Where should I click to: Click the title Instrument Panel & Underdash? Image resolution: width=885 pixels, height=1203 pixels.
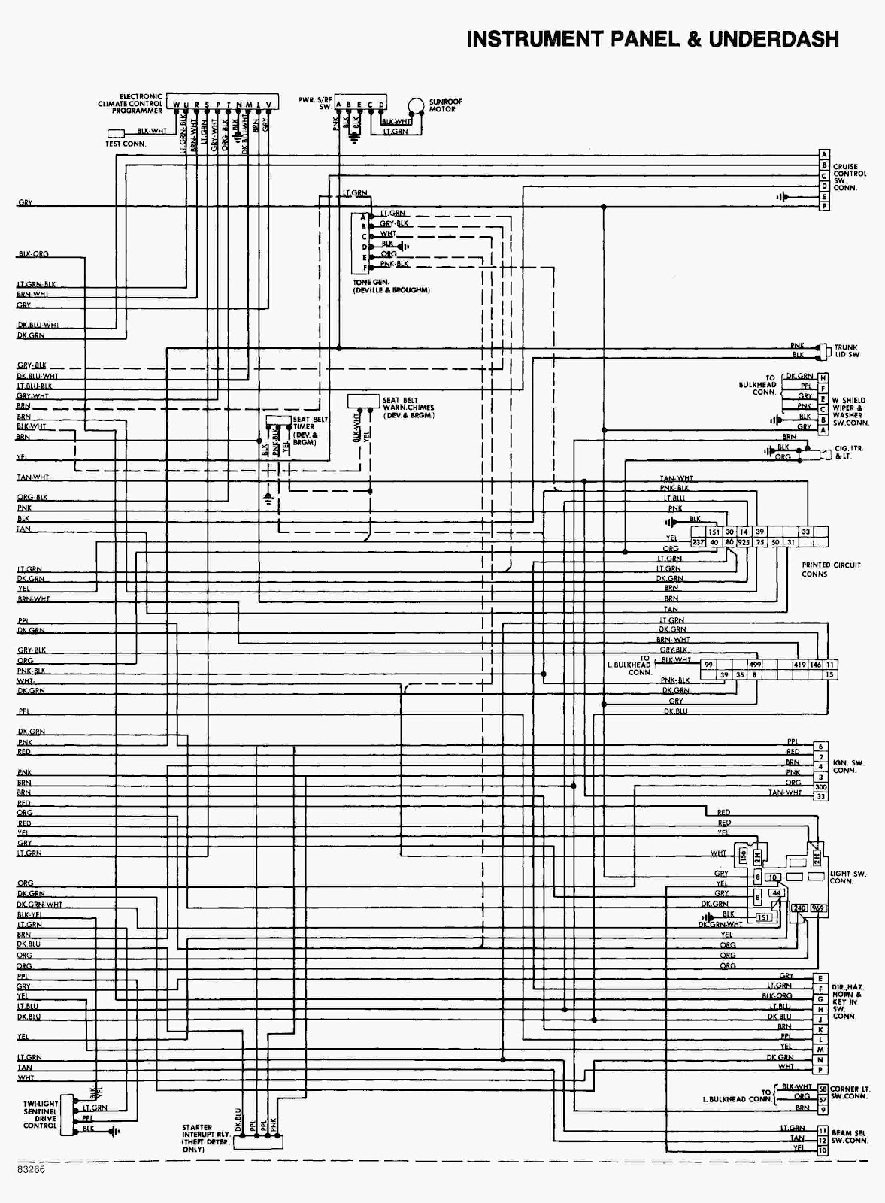coord(652,39)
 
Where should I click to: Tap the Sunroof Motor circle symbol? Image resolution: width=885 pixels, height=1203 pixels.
coord(416,105)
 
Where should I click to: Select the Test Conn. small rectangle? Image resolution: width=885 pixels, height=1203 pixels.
coord(116,134)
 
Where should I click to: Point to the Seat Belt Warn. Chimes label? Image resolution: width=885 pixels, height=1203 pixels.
coord(409,408)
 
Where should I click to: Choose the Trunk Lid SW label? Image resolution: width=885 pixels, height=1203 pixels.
coord(847,351)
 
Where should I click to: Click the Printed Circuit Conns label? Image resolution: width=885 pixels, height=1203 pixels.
coord(830,569)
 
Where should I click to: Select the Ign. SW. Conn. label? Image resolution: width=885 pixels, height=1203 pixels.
coord(848,767)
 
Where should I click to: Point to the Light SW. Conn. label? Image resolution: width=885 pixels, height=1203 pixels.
coord(848,877)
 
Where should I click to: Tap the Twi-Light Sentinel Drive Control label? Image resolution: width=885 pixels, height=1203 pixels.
coord(40,1115)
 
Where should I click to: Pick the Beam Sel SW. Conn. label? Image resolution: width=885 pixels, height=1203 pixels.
coord(850,1136)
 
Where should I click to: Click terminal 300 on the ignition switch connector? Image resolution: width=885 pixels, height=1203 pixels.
coord(820,786)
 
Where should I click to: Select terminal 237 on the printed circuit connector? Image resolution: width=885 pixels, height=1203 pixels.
coord(697,542)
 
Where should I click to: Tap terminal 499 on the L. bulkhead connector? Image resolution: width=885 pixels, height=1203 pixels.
coord(754,665)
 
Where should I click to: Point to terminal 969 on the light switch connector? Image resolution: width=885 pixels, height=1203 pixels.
coord(818,908)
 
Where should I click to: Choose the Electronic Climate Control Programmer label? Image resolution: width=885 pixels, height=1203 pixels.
coord(130,104)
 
